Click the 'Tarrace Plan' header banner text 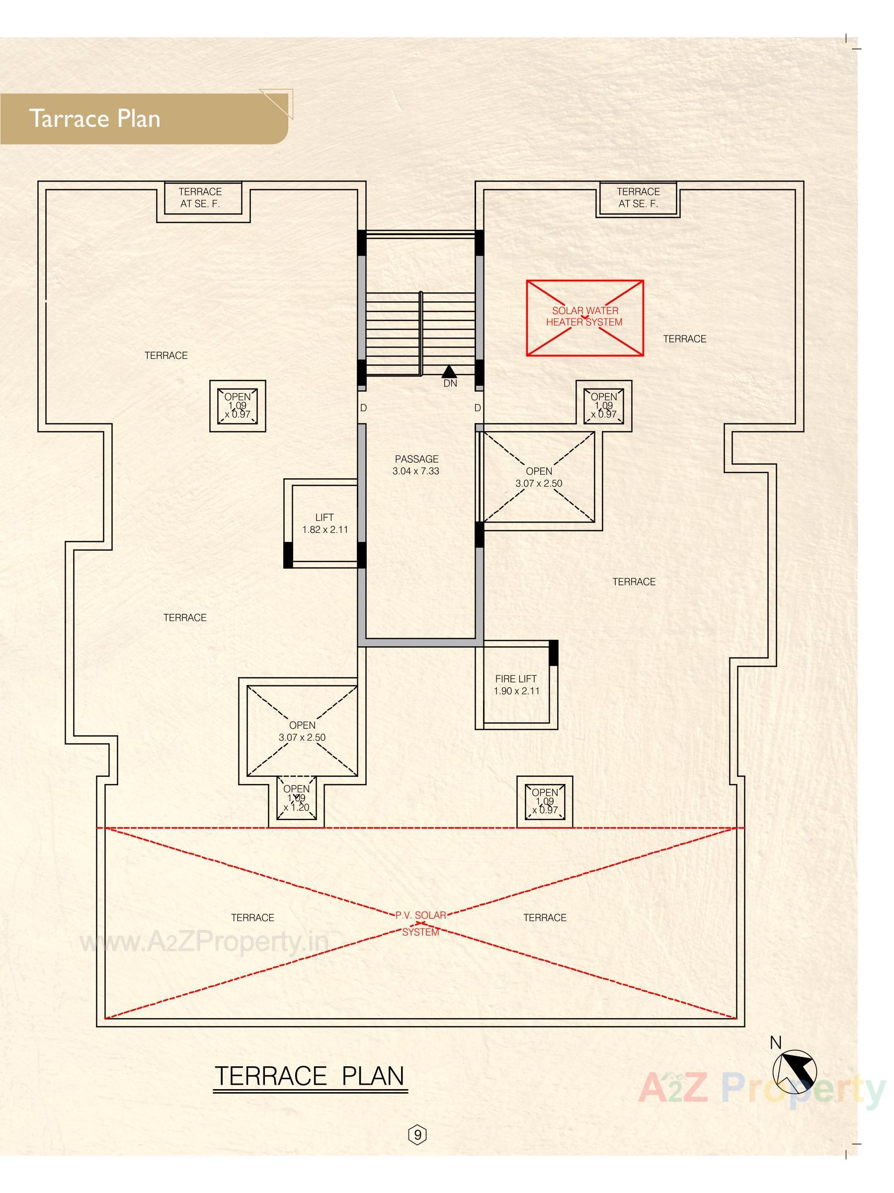tap(94, 118)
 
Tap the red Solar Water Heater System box tap(584, 317)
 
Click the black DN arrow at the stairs tap(449, 372)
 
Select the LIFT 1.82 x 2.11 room tap(324, 523)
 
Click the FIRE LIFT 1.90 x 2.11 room tap(516, 684)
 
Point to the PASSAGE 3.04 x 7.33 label tap(416, 464)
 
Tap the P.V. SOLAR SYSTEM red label tap(420, 924)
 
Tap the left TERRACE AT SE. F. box tap(200, 198)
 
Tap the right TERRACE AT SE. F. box tap(638, 198)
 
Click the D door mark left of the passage tap(363, 408)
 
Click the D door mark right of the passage tap(477, 408)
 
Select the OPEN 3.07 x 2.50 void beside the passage tap(539, 477)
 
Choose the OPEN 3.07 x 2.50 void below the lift tap(302, 731)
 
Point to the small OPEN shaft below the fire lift tap(545, 801)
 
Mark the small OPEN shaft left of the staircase tap(237, 406)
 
